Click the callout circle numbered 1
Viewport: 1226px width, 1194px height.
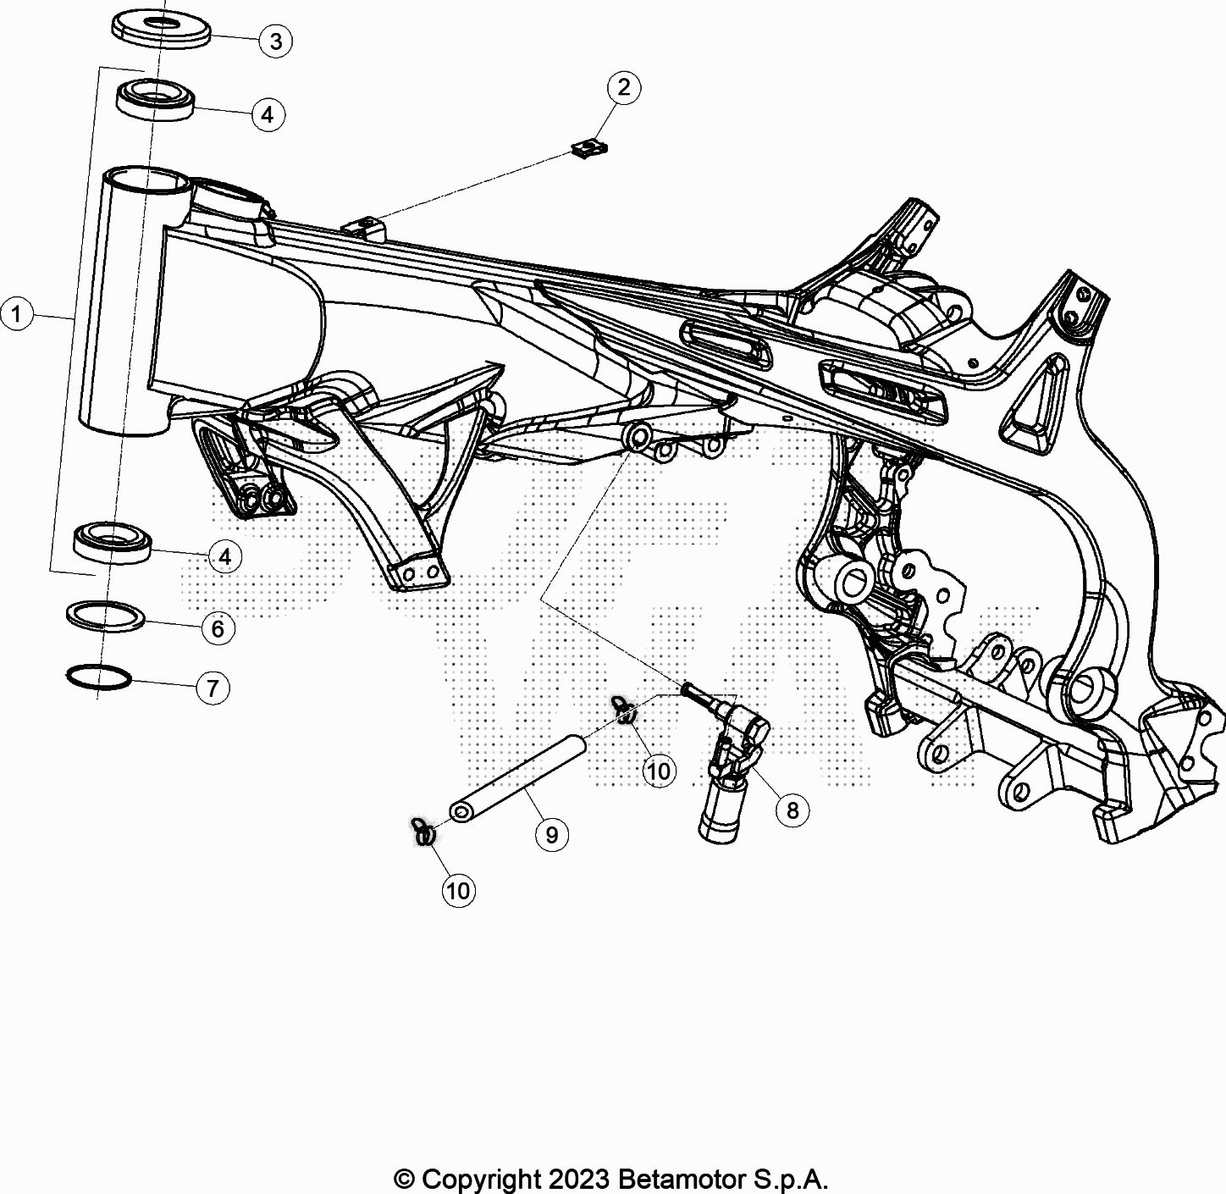click(16, 314)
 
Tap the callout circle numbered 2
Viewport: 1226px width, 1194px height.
click(624, 87)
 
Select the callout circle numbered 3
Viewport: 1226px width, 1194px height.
click(276, 41)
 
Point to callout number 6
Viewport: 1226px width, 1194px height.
click(218, 628)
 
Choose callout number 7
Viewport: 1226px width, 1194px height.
click(213, 688)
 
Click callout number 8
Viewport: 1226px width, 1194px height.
click(792, 810)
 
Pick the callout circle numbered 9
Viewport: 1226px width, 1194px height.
click(552, 835)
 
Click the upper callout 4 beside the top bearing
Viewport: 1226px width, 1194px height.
click(268, 114)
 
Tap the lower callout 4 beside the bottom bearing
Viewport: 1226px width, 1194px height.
click(225, 556)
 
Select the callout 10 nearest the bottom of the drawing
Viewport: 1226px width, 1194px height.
click(459, 890)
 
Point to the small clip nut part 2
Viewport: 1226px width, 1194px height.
click(589, 149)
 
